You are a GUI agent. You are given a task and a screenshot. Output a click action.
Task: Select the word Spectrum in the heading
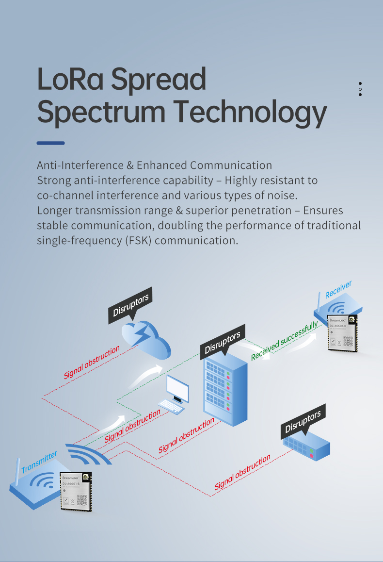(101, 113)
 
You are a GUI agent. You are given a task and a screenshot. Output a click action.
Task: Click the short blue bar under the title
(51, 143)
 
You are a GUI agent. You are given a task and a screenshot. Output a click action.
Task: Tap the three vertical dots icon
(360, 89)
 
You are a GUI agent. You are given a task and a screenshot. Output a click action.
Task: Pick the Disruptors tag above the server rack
(223, 342)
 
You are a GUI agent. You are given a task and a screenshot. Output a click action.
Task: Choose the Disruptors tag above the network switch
(303, 423)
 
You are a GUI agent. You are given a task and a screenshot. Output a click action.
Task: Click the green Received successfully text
(285, 341)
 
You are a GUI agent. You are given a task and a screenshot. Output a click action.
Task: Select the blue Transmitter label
(39, 462)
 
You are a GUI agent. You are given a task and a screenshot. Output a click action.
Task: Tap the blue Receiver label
(338, 289)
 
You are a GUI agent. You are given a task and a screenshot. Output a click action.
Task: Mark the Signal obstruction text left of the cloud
(92, 363)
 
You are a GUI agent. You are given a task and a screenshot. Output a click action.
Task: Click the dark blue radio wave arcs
(87, 454)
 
